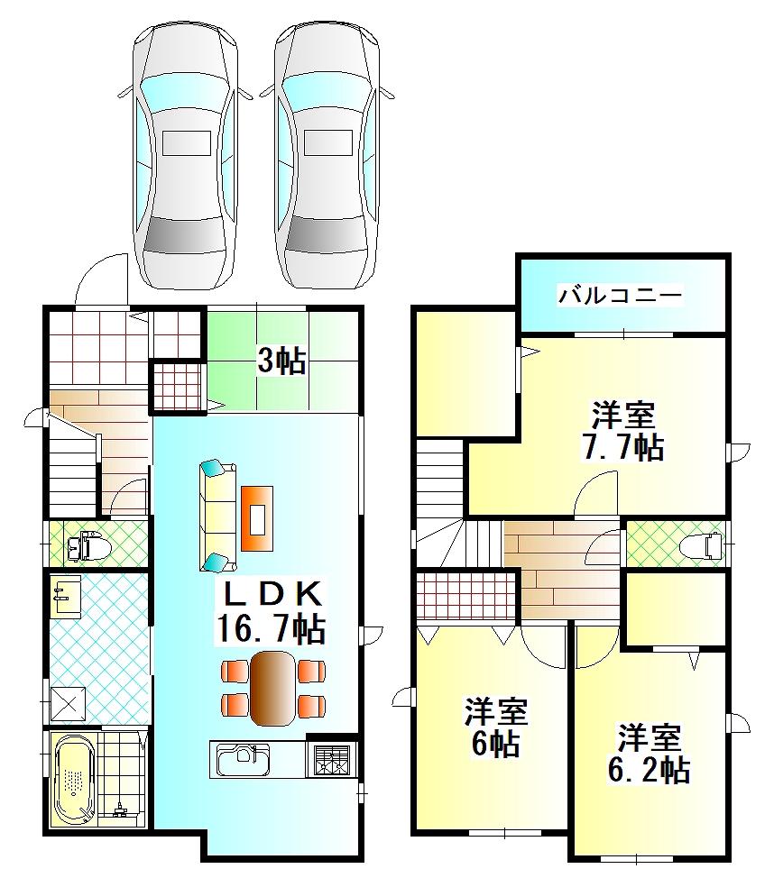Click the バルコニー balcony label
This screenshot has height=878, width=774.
coord(620,295)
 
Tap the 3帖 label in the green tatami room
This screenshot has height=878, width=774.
coord(281,361)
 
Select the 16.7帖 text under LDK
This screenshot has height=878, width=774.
coord(270,629)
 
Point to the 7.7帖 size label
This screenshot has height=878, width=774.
coord(623,447)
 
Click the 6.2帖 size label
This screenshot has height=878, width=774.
coord(649,770)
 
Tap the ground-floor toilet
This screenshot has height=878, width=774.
coord(88,546)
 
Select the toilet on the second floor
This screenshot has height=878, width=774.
coord(700,545)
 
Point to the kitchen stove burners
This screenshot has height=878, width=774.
coord(331,759)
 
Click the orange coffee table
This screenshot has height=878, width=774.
coord(257,518)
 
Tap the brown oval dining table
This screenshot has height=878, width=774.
coord(272,688)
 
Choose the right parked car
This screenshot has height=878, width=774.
coord(327,156)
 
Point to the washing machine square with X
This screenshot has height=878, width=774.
coord(69,703)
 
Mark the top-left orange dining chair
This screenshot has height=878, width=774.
coord(235,671)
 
